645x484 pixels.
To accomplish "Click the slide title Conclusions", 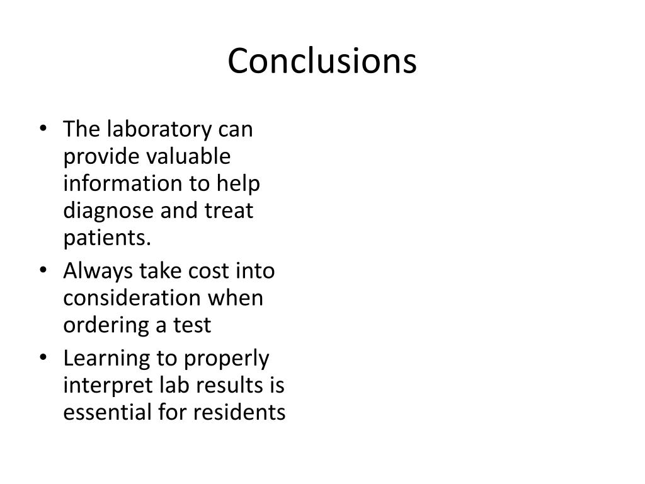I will point(322,62).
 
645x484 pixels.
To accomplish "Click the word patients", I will point(108,238).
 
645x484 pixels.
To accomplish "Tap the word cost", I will point(208,272).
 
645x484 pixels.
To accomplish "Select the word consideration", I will point(130,298).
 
